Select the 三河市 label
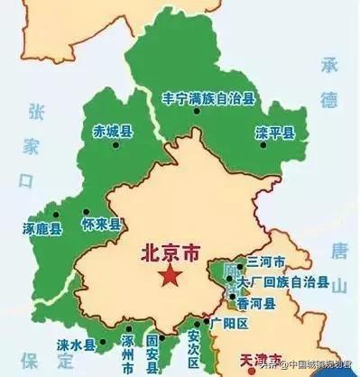pyautogui.click(x=265, y=262)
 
